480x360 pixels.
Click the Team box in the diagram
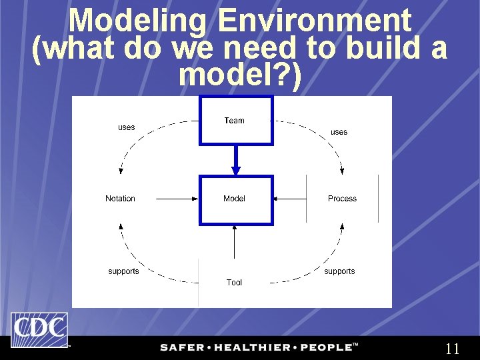(236, 121)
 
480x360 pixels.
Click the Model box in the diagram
(236, 199)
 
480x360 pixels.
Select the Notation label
(120, 199)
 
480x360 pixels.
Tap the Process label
(342, 199)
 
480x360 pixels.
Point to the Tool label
(234, 283)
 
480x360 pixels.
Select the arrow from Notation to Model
(177, 199)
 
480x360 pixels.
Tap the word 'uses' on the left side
(126, 127)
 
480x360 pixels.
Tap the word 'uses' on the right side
(339, 132)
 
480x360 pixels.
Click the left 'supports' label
(123, 271)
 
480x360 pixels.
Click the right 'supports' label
(339, 271)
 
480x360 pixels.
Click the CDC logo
(39, 329)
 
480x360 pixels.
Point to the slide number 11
(452, 349)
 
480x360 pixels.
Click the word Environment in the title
(315, 21)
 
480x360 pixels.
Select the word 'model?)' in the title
(240, 76)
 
